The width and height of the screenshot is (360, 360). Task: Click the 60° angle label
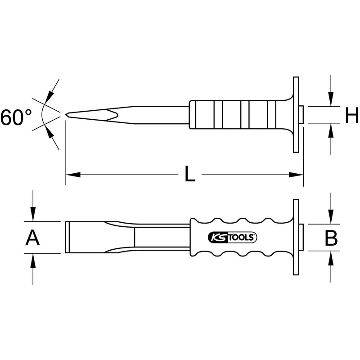pyautogui.click(x=16, y=117)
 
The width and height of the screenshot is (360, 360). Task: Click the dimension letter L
pyautogui.click(x=190, y=174)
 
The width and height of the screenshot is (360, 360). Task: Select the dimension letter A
pyautogui.click(x=32, y=238)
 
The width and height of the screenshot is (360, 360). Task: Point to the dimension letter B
pyautogui.click(x=331, y=238)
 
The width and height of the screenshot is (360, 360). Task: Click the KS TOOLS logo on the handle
pyautogui.click(x=232, y=237)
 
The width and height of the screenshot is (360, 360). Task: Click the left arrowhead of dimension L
pyautogui.click(x=73, y=175)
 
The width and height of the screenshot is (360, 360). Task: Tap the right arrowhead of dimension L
pyautogui.click(x=296, y=175)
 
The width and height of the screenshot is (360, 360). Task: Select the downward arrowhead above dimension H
pyautogui.click(x=331, y=99)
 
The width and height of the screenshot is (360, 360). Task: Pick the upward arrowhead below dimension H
pyautogui.click(x=331, y=130)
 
